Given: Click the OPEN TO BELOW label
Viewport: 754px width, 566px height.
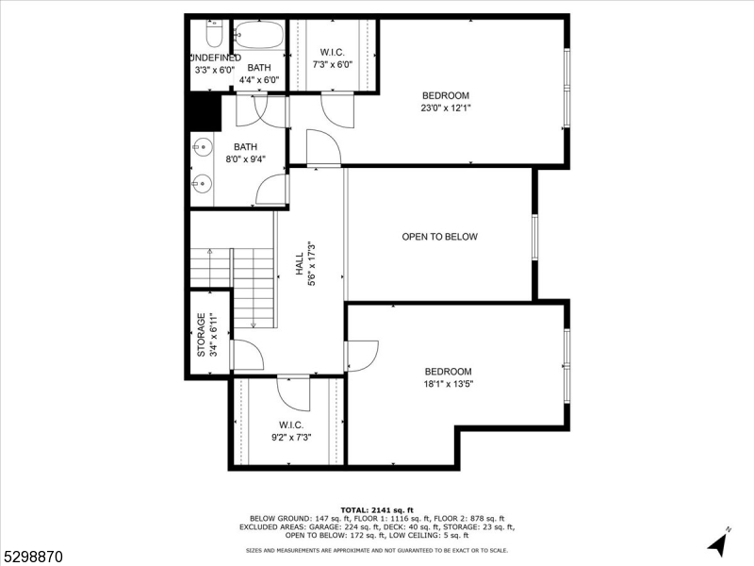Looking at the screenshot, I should pyautogui.click(x=439, y=237).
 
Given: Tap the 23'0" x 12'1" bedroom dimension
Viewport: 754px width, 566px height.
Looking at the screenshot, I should pyautogui.click(x=445, y=108).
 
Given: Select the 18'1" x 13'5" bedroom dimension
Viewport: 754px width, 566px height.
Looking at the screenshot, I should pyautogui.click(x=448, y=384).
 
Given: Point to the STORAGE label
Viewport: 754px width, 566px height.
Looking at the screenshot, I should pyautogui.click(x=201, y=335).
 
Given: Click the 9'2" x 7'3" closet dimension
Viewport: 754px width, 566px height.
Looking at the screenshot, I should pyautogui.click(x=290, y=438).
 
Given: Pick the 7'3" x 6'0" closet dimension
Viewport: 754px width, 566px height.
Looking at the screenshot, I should pyautogui.click(x=332, y=65).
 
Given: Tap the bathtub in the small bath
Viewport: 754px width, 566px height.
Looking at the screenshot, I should pyautogui.click(x=258, y=35).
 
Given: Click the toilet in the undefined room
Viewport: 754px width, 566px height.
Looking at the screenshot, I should pyautogui.click(x=213, y=37).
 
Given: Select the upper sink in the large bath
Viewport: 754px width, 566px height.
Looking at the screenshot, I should pyautogui.click(x=201, y=147).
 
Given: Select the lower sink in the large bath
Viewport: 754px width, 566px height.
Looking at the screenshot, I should pyautogui.click(x=201, y=183).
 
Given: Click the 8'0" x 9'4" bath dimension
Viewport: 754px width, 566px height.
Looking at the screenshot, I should pyautogui.click(x=245, y=159).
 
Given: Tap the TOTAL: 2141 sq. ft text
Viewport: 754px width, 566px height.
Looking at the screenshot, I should pyautogui.click(x=376, y=509).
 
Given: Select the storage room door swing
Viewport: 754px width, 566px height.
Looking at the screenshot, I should pyautogui.click(x=247, y=357).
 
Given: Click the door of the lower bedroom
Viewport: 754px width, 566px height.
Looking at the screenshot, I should pyautogui.click(x=362, y=355).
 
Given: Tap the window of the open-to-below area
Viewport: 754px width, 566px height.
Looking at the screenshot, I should pyautogui.click(x=533, y=237).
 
